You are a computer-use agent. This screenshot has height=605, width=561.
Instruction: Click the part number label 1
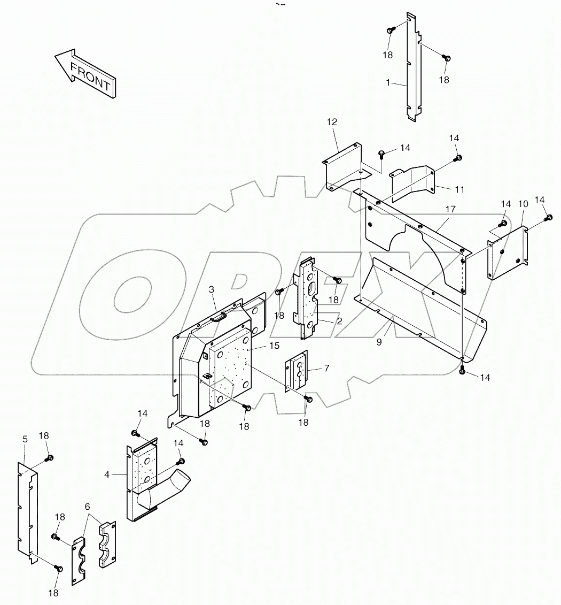[388, 83]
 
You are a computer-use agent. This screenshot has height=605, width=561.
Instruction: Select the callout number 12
[332, 122]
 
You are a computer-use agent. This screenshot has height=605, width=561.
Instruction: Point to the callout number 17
[450, 209]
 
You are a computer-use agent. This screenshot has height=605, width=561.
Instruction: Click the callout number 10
[523, 204]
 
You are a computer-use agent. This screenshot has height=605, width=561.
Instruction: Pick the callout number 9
[379, 342]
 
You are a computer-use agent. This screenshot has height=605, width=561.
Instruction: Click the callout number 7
[327, 369]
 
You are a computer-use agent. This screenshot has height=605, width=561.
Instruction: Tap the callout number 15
[274, 346]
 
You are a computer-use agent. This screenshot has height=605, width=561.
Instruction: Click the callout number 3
[212, 289]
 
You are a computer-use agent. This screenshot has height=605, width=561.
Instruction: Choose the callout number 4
[107, 474]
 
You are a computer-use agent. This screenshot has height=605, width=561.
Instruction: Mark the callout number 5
[25, 439]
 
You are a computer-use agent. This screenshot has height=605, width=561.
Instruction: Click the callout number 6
[87, 506]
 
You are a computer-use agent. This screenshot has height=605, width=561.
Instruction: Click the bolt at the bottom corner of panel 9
[462, 370]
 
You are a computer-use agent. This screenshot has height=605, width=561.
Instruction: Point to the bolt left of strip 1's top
[391, 30]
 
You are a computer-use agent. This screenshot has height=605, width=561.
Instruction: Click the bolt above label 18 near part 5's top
[50, 457]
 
